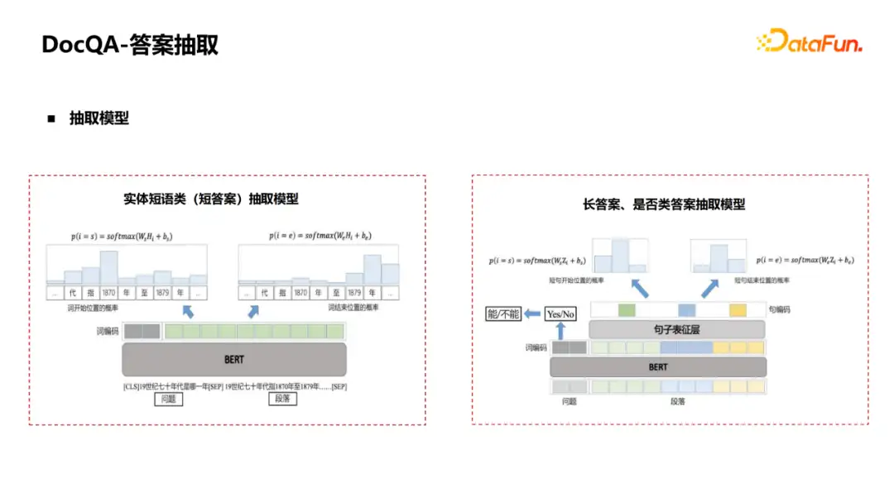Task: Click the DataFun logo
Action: (809, 41)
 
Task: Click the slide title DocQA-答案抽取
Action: (130, 44)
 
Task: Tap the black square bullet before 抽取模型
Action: (51, 118)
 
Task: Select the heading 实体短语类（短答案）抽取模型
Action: (211, 199)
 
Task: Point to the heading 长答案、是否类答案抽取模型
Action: (664, 204)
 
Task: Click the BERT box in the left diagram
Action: (234, 360)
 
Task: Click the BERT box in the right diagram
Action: (658, 366)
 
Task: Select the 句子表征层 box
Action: (676, 329)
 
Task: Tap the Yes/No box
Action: (560, 314)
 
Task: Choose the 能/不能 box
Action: (504, 314)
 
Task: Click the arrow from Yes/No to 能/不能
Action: (533, 314)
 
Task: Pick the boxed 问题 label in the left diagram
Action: (168, 399)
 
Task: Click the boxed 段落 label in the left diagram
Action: (283, 399)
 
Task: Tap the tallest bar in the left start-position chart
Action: (109, 268)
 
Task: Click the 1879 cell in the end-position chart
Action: (353, 293)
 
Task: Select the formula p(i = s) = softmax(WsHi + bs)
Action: (122, 237)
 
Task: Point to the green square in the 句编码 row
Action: (627, 309)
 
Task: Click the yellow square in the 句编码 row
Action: (738, 309)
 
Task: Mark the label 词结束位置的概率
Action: (353, 307)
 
